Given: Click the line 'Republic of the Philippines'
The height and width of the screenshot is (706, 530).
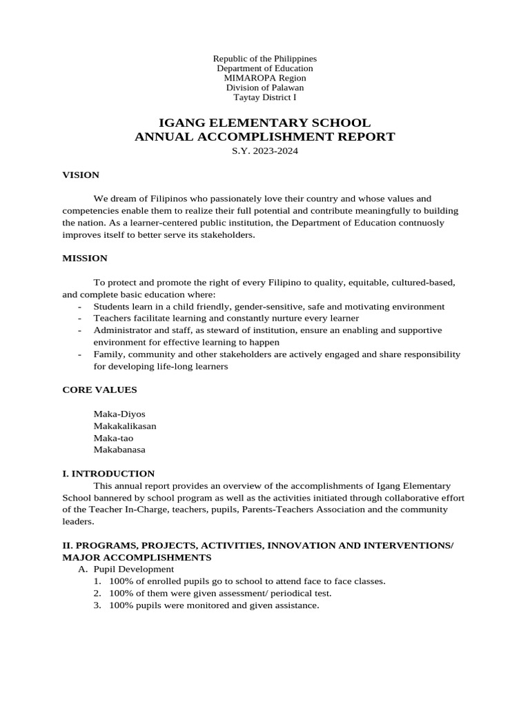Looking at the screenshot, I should coord(265,59).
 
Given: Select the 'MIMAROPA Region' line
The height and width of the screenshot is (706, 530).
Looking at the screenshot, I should coord(265,78).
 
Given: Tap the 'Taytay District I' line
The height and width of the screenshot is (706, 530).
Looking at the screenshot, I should coord(265,97).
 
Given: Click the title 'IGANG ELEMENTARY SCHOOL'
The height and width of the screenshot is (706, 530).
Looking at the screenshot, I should coord(265,123).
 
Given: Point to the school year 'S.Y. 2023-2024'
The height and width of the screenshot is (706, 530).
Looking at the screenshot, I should coord(265,151).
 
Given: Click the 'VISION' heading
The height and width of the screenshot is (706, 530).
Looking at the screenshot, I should coord(81,175).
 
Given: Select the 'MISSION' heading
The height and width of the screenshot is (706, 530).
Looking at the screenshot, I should coord(85,259).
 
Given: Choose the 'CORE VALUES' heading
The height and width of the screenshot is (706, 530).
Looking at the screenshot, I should coord(99,390).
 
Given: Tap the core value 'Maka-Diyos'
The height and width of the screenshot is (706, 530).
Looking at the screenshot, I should coord(119,414).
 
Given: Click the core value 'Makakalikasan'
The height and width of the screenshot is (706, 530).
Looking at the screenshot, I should coord(125,426).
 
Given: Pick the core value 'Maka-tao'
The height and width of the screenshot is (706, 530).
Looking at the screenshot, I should coord(114,438).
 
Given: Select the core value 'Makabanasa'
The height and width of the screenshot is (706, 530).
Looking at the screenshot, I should coord(119,450).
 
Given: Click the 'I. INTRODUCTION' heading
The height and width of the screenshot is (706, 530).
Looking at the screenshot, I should coord(108,474).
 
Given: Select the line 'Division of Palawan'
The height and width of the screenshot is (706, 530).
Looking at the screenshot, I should coord(265,88).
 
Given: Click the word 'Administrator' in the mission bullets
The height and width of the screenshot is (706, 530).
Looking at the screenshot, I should coord(121,330).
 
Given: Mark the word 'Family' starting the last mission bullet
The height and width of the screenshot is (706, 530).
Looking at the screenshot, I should coord(107,354).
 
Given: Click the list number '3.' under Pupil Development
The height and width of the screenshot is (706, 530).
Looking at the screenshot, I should coord(97,605).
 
